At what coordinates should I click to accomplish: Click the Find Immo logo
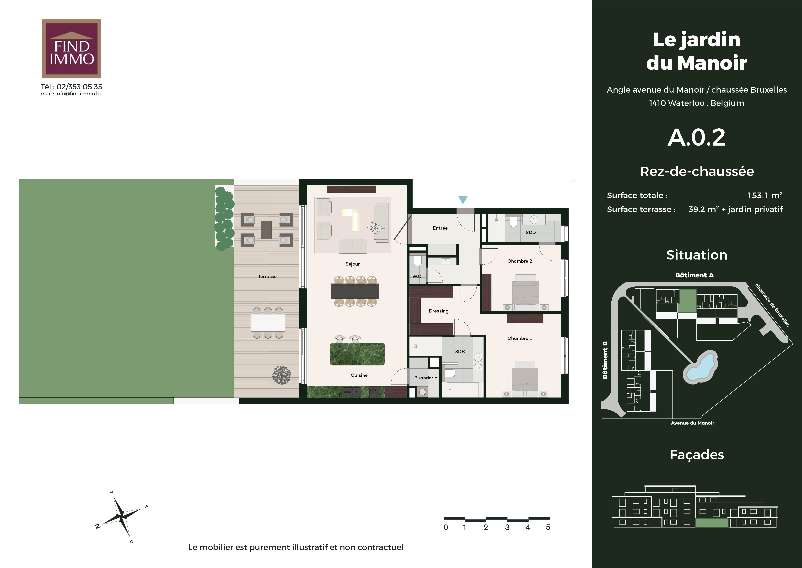[71, 49]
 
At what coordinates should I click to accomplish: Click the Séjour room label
[352, 264]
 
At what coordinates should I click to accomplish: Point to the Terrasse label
[267, 276]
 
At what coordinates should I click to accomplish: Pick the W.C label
[417, 276]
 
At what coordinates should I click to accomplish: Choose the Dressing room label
[439, 311]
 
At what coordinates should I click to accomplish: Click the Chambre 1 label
[520, 338]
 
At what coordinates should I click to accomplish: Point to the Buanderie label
[425, 378]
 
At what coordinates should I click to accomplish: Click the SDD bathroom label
[531, 232]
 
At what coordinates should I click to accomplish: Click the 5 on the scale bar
[548, 527]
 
